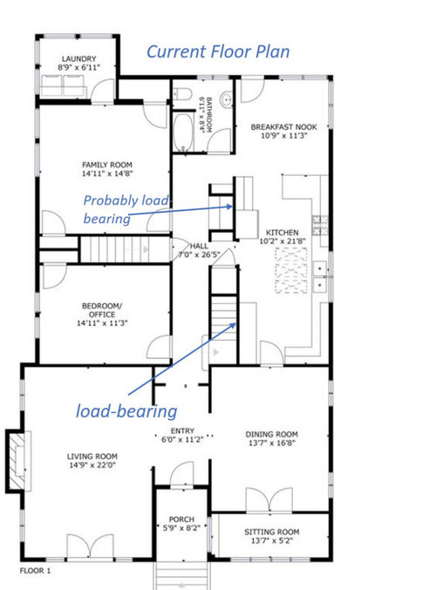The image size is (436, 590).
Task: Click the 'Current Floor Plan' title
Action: (218, 52)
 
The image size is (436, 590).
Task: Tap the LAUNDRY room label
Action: (78, 59)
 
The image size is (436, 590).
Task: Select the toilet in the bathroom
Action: (182, 94)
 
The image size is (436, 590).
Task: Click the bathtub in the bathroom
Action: (183, 132)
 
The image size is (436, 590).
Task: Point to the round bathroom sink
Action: (226, 99)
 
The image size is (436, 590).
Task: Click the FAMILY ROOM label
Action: (107, 165)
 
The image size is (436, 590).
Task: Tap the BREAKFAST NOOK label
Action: (284, 127)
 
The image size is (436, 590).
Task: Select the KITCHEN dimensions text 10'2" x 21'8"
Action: (283, 241)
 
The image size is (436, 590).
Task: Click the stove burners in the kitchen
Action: (320, 225)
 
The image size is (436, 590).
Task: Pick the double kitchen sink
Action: (320, 277)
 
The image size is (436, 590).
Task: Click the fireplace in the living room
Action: (17, 460)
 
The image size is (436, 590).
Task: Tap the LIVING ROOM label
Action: (92, 457)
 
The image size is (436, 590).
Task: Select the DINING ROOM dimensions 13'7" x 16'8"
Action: (271, 443)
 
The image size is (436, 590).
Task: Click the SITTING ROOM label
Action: (272, 532)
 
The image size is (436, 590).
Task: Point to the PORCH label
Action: (181, 519)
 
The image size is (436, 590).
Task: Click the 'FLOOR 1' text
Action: (35, 571)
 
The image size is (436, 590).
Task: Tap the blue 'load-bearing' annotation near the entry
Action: (126, 410)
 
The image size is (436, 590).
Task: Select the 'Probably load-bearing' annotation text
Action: (127, 209)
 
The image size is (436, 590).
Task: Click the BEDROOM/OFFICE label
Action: (102, 310)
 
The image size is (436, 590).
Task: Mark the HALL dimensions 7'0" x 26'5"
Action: (199, 254)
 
